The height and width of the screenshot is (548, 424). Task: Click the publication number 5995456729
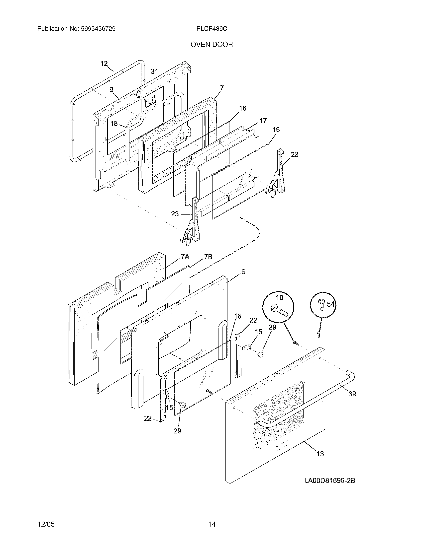pyautogui.click(x=98, y=29)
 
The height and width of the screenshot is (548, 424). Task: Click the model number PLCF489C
pyautogui.click(x=212, y=29)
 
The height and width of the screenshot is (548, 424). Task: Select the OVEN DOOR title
pyautogui.click(x=212, y=45)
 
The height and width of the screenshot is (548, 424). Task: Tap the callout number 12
pyautogui.click(x=104, y=64)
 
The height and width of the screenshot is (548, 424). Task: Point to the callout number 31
pyautogui.click(x=154, y=71)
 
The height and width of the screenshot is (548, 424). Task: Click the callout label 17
pyautogui.click(x=263, y=121)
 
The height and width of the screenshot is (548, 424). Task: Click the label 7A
pyautogui.click(x=185, y=257)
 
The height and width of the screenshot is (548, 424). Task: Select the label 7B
pyautogui.click(x=208, y=257)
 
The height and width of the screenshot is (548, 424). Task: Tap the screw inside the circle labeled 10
pyautogui.click(x=279, y=311)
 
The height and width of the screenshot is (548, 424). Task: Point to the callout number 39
pyautogui.click(x=352, y=394)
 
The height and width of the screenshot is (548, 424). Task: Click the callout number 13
pyautogui.click(x=320, y=454)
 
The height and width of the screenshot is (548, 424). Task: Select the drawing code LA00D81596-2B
pyautogui.click(x=329, y=480)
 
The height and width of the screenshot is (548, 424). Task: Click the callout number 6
pyautogui.click(x=243, y=272)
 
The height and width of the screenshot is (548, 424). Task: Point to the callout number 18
pyautogui.click(x=114, y=124)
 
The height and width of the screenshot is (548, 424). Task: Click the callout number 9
pyautogui.click(x=111, y=90)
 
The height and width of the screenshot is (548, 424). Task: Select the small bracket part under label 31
pyautogui.click(x=150, y=102)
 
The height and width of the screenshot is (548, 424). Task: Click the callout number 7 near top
pyautogui.click(x=222, y=88)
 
